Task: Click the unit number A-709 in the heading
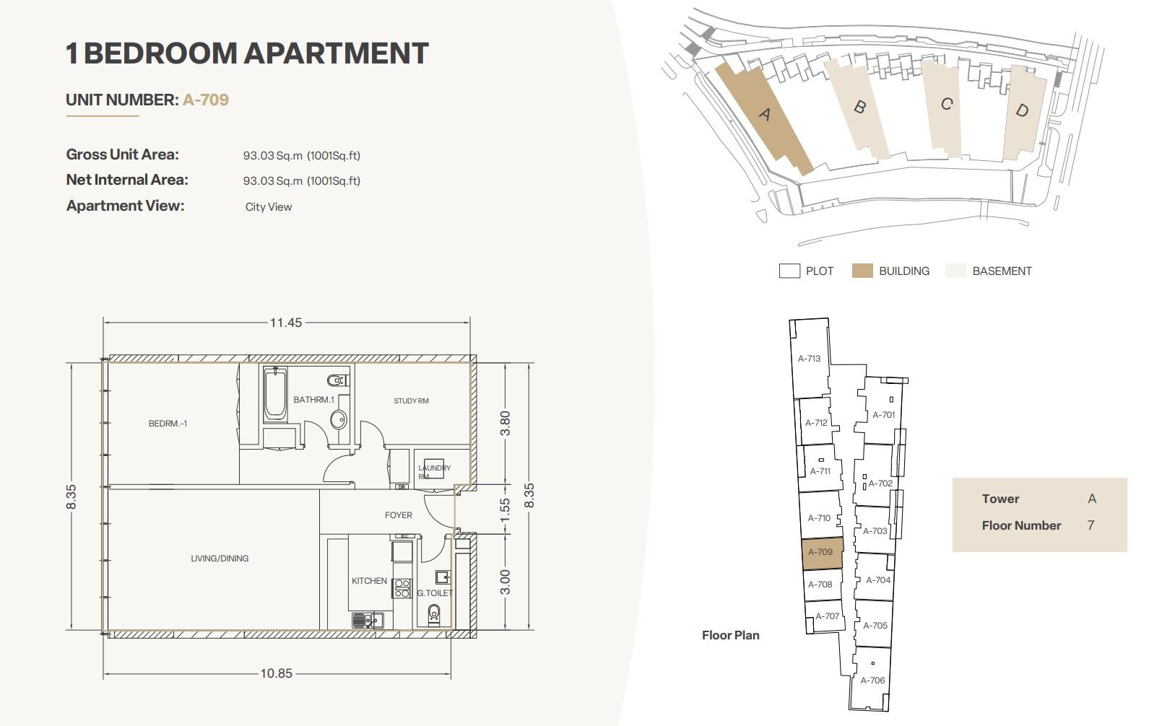206,100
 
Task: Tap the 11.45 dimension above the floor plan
286,323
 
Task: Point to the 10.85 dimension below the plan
277,673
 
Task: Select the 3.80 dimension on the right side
505,424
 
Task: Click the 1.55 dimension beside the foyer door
505,510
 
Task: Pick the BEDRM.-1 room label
168,424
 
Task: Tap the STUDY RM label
411,401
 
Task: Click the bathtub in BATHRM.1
275,393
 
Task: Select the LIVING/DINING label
220,559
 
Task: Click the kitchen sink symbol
367,621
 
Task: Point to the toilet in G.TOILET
434,614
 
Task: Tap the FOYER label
399,515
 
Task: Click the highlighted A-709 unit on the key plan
822,553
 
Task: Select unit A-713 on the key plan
810,359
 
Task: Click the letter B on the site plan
859,107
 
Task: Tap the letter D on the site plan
1022,110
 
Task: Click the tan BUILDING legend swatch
862,271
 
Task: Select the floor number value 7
1091,525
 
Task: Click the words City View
269,207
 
